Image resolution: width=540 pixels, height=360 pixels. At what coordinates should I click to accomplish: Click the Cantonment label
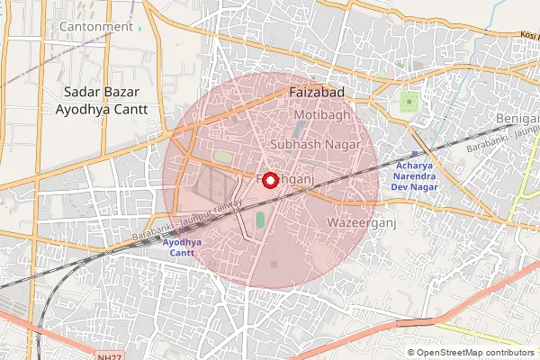coord(95,27)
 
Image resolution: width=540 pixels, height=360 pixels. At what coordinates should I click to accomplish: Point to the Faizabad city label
coord(319,92)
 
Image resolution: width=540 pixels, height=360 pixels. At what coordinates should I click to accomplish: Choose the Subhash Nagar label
coord(315,144)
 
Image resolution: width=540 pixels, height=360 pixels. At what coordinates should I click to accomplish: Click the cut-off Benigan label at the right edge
coord(517,119)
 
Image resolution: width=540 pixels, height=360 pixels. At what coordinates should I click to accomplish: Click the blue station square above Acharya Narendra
coord(414,154)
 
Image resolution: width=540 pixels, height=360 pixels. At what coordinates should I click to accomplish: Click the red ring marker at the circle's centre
coord(270,180)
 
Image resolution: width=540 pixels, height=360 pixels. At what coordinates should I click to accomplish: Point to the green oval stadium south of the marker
coord(260,219)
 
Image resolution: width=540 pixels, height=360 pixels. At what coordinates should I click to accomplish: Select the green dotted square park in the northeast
coord(410,101)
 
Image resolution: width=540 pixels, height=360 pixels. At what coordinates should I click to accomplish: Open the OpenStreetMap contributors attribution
coord(471,353)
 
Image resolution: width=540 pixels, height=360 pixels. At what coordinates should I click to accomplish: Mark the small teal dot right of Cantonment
coord(141,27)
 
